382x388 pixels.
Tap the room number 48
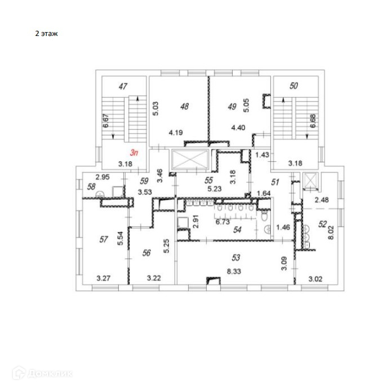pyautogui.click(x=184, y=105)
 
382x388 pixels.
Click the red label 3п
pyautogui.click(x=134, y=152)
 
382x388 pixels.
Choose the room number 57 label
pyautogui.click(x=103, y=239)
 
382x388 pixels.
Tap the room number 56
pyautogui.click(x=146, y=253)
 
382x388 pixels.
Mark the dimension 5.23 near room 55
pyautogui.click(x=214, y=189)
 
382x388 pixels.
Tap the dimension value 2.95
pyautogui.click(x=101, y=177)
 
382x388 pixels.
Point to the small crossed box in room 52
pyautogui.click(x=309, y=181)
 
